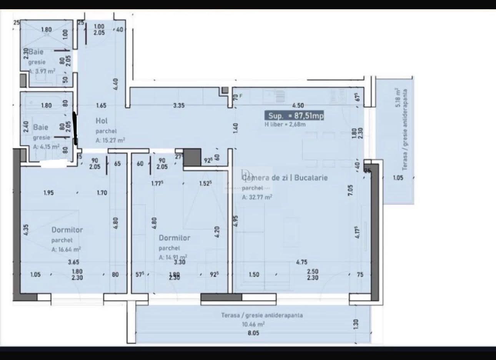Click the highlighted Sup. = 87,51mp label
tap(294, 115)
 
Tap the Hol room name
tap(102, 121)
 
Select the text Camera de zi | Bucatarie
tap(285, 178)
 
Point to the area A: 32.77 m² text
tap(257, 197)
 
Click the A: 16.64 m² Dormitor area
tap(66, 249)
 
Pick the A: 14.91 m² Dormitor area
tap(173, 257)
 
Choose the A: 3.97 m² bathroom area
tap(42, 71)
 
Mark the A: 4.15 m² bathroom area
tap(46, 147)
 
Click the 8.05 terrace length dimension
tap(253, 333)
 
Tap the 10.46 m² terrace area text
tap(253, 324)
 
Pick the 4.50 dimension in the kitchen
tap(298, 105)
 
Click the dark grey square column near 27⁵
tap(192, 157)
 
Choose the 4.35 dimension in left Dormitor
tap(26, 230)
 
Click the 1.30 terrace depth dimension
tap(355, 324)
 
